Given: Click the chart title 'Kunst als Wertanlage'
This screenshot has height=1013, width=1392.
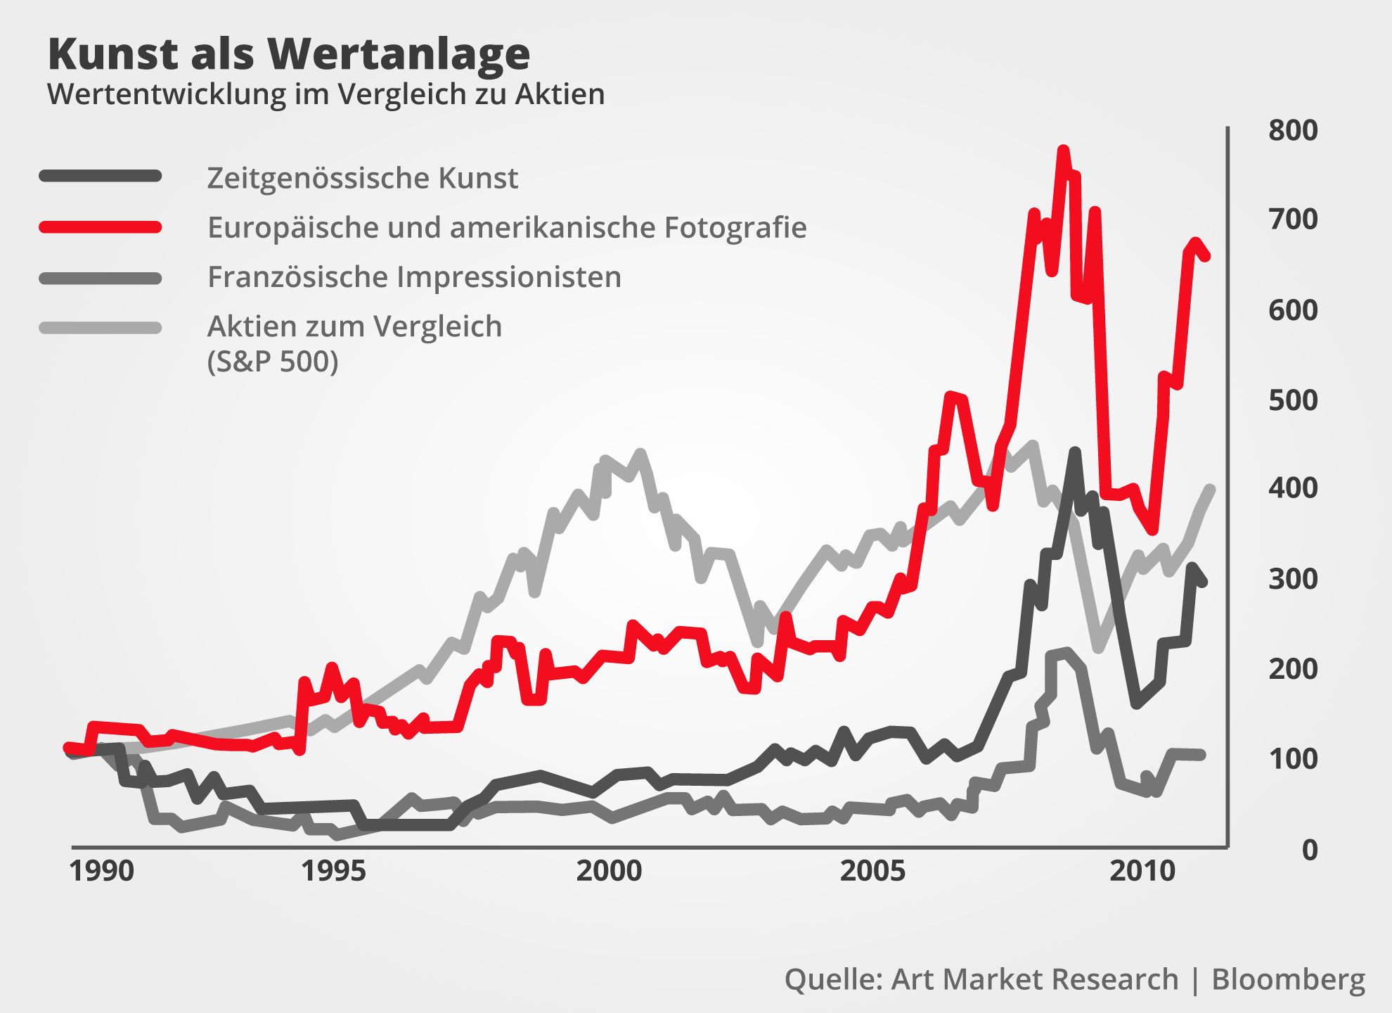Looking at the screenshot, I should (x=288, y=54).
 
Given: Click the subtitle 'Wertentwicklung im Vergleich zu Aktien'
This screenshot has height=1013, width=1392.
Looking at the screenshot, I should (x=326, y=94).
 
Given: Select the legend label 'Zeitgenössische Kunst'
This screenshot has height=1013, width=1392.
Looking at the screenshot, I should (x=362, y=178).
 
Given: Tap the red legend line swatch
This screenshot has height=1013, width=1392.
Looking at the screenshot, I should (x=101, y=227).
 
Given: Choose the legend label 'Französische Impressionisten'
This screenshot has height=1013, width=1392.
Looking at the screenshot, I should (x=414, y=277).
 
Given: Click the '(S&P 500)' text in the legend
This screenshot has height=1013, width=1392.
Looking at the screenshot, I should (x=273, y=362).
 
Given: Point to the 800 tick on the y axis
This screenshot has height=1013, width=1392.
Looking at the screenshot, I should (x=1292, y=131).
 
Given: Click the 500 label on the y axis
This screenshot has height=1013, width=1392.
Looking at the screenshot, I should (x=1292, y=400).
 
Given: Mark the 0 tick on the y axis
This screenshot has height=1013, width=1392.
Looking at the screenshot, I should (x=1309, y=850).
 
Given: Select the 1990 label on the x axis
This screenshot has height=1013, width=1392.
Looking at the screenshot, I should (x=101, y=871).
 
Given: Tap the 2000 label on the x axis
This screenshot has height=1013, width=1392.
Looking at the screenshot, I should (x=609, y=871).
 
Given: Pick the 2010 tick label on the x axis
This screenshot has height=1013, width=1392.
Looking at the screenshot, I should (x=1142, y=871).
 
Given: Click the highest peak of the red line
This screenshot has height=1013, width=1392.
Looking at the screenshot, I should (x=1063, y=150).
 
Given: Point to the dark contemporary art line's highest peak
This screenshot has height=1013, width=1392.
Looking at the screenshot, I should (x=1074, y=452).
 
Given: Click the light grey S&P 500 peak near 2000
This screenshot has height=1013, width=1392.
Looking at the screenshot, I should (x=640, y=454).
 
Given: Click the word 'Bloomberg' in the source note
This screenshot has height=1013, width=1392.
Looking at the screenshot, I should (x=1288, y=979).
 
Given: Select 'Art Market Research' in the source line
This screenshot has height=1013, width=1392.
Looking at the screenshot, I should (x=1034, y=979).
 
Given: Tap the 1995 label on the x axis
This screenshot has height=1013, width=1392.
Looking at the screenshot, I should (x=333, y=871).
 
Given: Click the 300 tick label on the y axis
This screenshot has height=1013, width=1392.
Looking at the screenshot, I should (x=1292, y=579).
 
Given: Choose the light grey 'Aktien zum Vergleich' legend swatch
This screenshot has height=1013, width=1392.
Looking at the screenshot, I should (x=101, y=328).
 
